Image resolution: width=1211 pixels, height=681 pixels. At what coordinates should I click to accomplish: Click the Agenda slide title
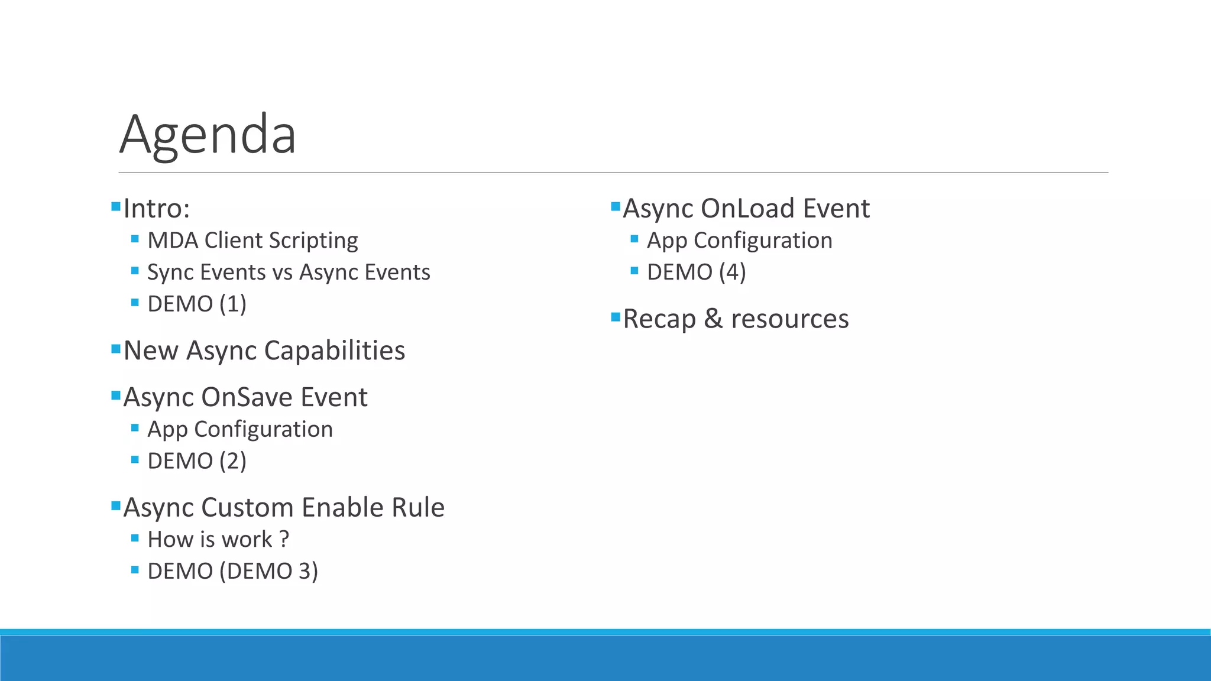point(208,135)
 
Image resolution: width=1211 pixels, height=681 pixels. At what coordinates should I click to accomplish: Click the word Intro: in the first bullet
point(157,209)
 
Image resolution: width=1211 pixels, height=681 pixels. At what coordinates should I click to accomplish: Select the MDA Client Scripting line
point(252,241)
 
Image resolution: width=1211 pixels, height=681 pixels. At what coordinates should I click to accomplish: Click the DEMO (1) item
point(196,304)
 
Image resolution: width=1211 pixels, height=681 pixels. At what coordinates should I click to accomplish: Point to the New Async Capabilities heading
point(264,351)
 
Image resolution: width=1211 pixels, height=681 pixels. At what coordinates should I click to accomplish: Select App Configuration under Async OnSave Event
point(239,429)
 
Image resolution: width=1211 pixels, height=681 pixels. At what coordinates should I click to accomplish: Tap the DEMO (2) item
point(196,461)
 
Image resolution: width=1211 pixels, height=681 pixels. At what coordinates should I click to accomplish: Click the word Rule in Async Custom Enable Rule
point(420,508)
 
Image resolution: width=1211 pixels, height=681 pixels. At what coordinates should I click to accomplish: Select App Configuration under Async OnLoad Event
point(739,241)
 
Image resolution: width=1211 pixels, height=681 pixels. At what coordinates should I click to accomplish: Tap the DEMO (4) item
point(696,273)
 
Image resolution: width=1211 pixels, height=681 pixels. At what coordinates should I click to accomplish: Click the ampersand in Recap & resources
point(713,319)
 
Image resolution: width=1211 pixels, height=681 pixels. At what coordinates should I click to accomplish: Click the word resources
point(789,319)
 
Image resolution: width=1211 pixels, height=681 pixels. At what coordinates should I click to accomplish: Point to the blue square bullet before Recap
point(616,317)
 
